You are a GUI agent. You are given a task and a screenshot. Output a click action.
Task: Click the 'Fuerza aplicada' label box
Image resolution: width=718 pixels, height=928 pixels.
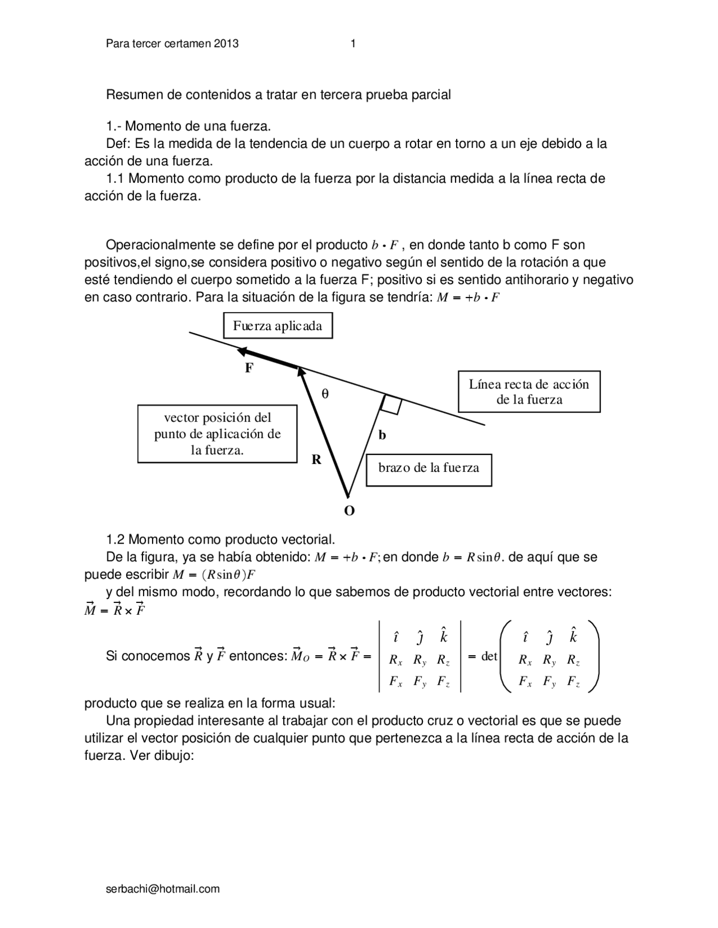pos(278,326)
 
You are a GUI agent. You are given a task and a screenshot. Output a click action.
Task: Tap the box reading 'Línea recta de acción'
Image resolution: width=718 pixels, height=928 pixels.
pos(529,392)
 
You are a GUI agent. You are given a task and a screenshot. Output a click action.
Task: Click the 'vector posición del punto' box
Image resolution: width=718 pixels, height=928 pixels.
pos(217,434)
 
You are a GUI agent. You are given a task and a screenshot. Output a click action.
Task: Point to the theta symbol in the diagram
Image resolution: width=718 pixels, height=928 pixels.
pos(325,394)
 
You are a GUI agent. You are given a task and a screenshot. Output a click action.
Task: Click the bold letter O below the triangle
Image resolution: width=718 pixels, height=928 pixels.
pos(349,511)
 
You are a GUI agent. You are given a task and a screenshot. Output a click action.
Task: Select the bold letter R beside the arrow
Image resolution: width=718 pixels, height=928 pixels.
pos(316,460)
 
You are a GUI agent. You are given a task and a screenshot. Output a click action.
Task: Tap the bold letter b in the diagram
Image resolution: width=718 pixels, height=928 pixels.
pos(383,435)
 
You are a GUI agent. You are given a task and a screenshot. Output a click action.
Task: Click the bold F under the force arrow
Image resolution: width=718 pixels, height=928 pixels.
pos(249,368)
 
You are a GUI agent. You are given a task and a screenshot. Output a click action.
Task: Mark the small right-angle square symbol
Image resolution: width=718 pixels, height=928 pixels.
pos(391,405)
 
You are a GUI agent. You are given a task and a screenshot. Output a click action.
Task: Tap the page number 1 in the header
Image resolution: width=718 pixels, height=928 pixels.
pos(353,44)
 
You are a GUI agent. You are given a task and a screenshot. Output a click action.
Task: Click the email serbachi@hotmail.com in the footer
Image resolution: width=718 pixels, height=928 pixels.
pos(163,889)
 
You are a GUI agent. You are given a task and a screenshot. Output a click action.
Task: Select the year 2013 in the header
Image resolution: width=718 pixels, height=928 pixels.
pos(226,44)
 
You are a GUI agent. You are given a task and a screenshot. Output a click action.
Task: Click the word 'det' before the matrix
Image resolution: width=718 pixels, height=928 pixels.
pos(489,656)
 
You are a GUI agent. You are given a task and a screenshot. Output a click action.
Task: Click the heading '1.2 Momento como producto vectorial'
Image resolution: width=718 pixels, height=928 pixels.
pos(220,540)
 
